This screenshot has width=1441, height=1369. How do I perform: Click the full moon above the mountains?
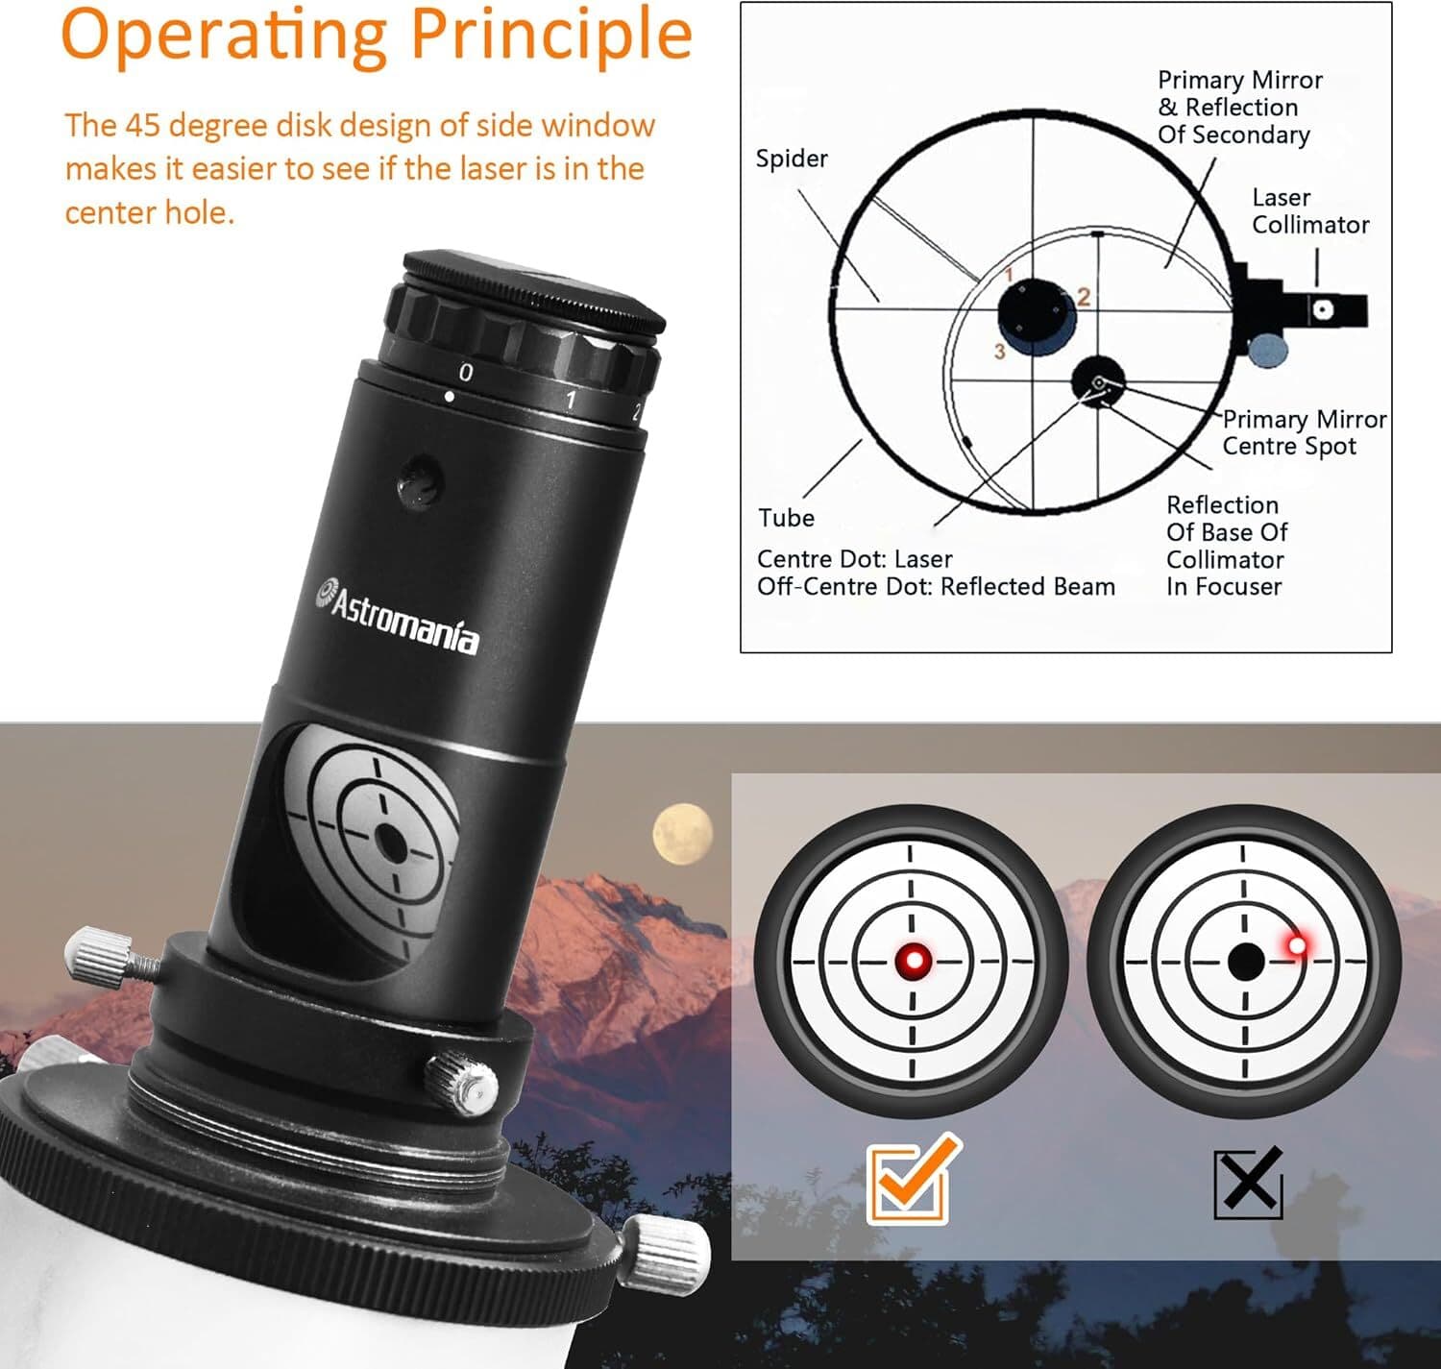[x=683, y=834]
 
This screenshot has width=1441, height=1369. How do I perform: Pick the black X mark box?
[x=1248, y=1182]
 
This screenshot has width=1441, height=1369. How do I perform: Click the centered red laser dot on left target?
[x=913, y=960]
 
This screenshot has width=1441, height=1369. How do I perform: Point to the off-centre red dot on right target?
[x=1297, y=945]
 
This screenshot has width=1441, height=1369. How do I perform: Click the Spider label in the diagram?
[x=791, y=159]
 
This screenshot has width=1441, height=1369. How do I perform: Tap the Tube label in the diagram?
[x=786, y=518]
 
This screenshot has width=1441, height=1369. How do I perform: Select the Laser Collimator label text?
[x=1309, y=211]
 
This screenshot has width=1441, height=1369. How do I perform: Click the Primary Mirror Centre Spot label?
[x=1303, y=433]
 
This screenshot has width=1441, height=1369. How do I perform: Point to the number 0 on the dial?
[x=466, y=372]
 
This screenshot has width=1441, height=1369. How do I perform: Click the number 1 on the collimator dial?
[x=570, y=400]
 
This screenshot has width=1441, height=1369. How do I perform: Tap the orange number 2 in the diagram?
[x=1084, y=297]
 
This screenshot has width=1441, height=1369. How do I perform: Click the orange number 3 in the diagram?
[x=999, y=352]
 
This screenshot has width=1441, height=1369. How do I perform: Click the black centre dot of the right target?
[x=1246, y=961]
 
